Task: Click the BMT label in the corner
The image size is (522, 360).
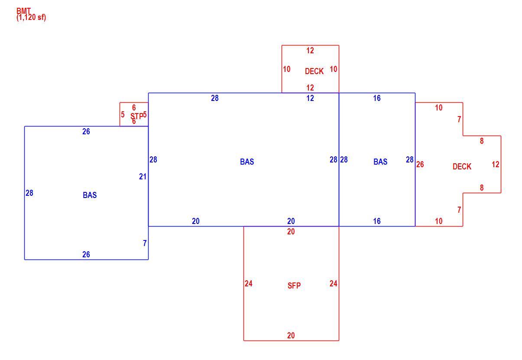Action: [23, 11]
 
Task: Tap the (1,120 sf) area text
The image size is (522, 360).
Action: [31, 17]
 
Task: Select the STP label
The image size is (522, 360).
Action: [136, 116]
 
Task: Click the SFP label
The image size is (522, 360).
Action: [294, 285]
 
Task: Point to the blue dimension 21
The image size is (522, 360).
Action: [143, 177]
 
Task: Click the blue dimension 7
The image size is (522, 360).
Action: [145, 243]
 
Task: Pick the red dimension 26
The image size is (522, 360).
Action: [420, 165]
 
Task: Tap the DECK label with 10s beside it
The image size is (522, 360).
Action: [314, 71]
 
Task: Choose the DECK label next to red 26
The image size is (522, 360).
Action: [462, 167]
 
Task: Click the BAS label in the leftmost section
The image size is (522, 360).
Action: [90, 195]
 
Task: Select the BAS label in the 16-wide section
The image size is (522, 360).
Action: [380, 162]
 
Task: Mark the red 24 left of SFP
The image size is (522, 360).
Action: [248, 284]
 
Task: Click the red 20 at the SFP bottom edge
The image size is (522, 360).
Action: [291, 336]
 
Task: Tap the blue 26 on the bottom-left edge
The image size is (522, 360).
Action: [86, 254]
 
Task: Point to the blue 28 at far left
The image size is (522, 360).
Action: [29, 193]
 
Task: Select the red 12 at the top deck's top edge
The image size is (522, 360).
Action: [310, 51]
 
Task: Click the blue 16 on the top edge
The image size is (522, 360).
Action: [377, 98]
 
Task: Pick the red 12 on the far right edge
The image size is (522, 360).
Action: [496, 165]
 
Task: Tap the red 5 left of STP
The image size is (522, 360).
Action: [123, 115]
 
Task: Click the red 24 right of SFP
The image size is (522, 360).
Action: [333, 284]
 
